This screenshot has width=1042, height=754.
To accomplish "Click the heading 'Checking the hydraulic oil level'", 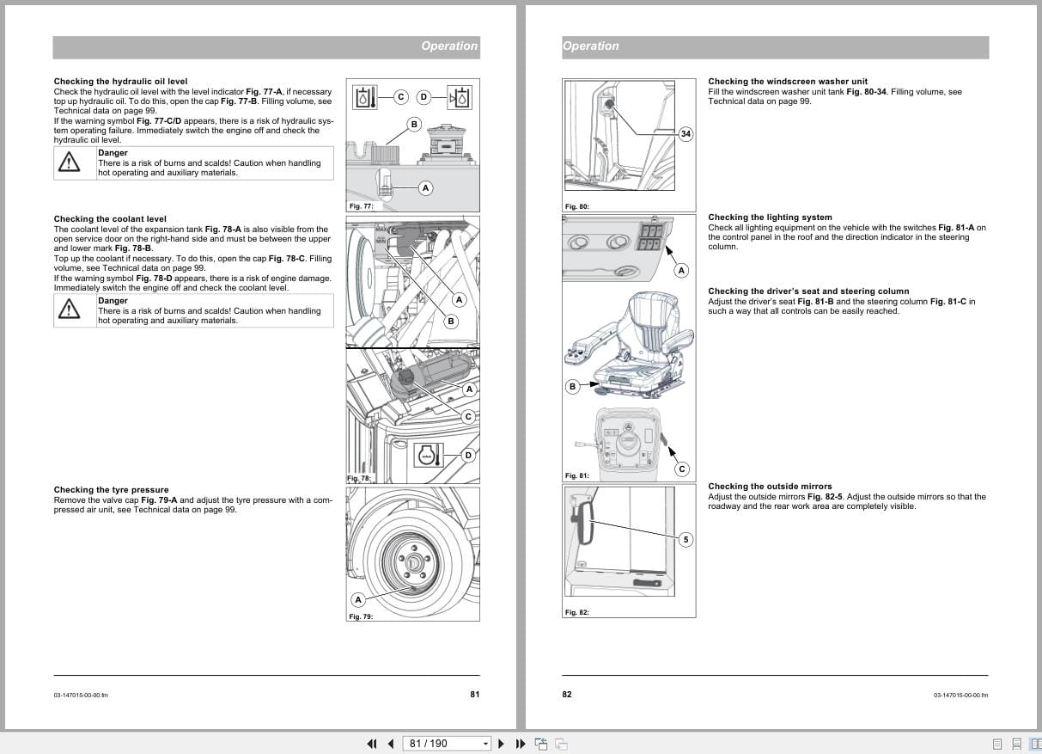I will (120, 82).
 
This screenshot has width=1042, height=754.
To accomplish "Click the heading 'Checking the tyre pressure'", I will (111, 490).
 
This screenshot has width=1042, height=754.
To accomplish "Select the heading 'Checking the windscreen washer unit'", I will (788, 82).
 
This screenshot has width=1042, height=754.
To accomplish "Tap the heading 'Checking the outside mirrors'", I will (770, 487).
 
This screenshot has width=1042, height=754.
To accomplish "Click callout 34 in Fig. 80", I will (685, 134).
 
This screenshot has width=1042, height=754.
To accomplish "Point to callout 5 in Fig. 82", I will (685, 540).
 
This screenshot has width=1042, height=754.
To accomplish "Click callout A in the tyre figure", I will (358, 599).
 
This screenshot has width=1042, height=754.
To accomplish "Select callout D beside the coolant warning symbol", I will (468, 455).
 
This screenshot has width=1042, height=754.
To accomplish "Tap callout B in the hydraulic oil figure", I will (413, 125).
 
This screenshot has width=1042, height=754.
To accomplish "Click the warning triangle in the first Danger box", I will (68, 162).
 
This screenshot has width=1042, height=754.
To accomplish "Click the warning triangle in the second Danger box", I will (68, 310).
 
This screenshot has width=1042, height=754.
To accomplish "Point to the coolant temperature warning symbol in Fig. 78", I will (428, 456).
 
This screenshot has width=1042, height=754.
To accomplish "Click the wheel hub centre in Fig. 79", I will (411, 562).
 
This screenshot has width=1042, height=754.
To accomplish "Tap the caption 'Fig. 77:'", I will (360, 206).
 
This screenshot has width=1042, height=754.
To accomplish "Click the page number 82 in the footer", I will (567, 695).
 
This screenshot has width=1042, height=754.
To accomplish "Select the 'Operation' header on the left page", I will (448, 46).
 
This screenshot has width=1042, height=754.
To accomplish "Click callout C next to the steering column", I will (682, 469).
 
